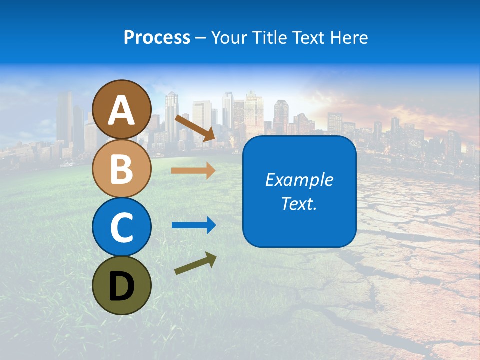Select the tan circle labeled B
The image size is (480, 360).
coord(122,169)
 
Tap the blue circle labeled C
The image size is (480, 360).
coord(122,227)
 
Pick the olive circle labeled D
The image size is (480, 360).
coord(122,285)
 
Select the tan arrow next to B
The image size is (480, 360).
coord(193,171)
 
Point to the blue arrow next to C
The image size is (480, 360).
coord(194,225)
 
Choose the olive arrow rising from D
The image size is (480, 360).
coord(195,263)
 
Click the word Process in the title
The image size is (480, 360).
coord(157,38)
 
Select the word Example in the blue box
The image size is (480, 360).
coord(299,180)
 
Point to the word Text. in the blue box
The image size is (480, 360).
coord(299,203)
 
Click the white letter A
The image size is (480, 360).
coord(122,111)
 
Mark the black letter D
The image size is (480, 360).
coord(122,286)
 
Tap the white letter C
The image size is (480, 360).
coord(122,228)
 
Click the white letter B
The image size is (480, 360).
coord(122,169)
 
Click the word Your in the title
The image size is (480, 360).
coord(229,38)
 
